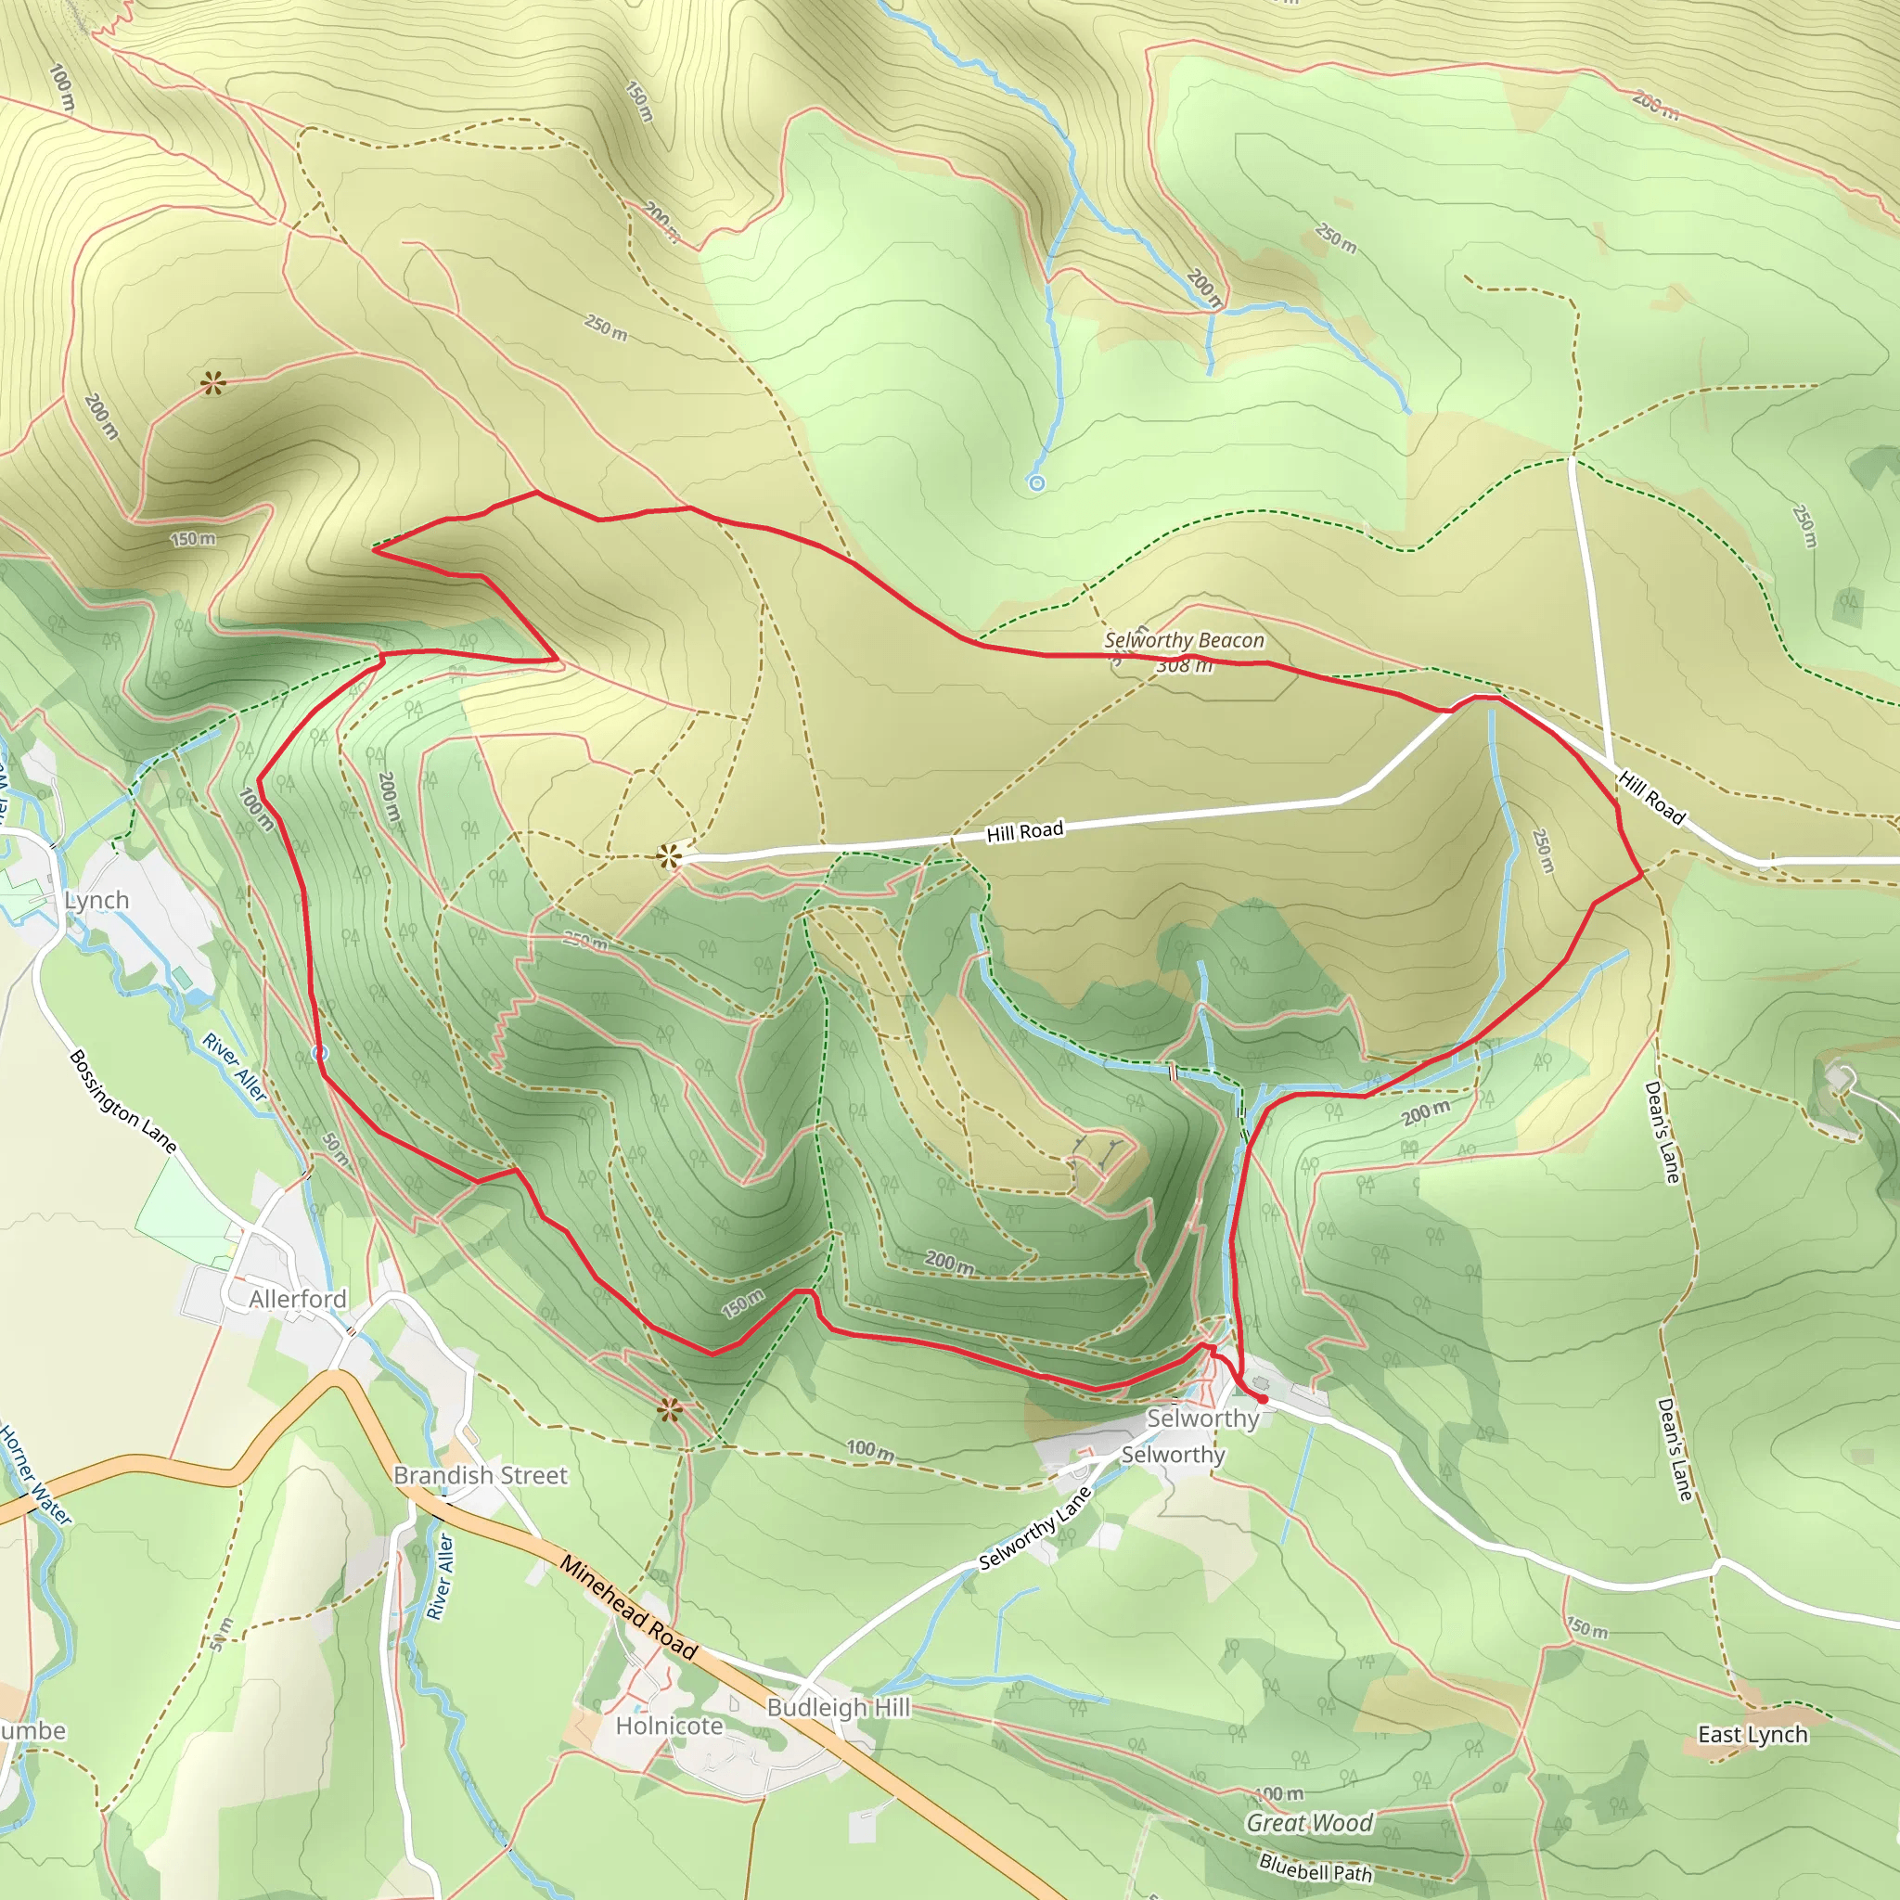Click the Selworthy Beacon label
[x=1184, y=640]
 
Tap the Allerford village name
[x=297, y=1299]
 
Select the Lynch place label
[x=96, y=900]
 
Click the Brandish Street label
[x=480, y=1475]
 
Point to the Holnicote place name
[x=669, y=1726]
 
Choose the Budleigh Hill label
[x=838, y=1707]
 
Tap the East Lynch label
[x=1752, y=1735]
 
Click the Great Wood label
[x=1309, y=1823]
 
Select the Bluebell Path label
[x=1315, y=1867]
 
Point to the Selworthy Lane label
[x=1034, y=1528]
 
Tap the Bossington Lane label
[x=123, y=1101]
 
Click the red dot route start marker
[x=1263, y=1398]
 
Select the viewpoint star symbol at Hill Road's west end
[x=671, y=856]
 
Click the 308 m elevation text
[x=1184, y=666]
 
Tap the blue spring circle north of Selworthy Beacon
[x=1035, y=482]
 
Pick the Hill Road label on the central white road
[x=1025, y=832]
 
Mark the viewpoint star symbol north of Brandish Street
[x=670, y=1411]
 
